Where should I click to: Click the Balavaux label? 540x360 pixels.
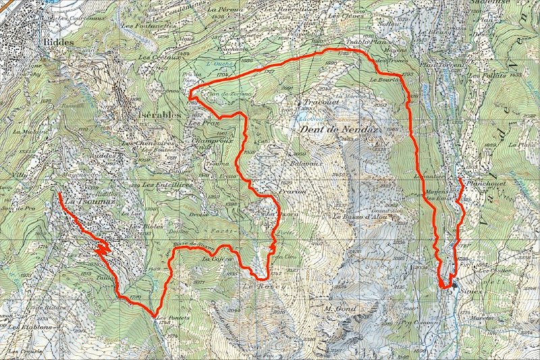[304, 163]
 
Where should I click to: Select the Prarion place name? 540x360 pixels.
[291, 191]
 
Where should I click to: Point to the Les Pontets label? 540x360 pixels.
[170, 317]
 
